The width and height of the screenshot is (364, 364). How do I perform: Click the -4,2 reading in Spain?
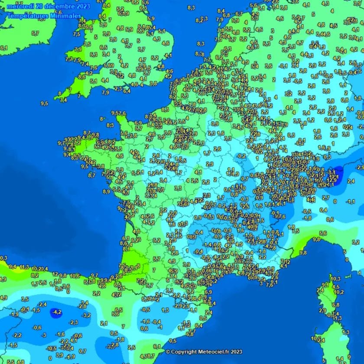pyautogui.click(x=56, y=312)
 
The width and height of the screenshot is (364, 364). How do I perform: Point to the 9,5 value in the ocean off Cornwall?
pyautogui.click(x=44, y=103)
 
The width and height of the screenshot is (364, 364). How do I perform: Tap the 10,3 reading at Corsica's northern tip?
pyautogui.click(x=336, y=279)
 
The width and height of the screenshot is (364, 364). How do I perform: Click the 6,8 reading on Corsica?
pyautogui.click(x=336, y=305)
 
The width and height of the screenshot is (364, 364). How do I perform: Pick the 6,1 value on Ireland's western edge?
pyautogui.click(x=4, y=48)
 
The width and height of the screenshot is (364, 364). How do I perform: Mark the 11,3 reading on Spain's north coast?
pyautogui.click(x=24, y=267)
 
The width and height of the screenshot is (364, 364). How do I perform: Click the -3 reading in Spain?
pyautogui.click(x=43, y=335)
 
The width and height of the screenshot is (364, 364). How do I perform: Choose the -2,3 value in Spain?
pyautogui.click(x=73, y=322)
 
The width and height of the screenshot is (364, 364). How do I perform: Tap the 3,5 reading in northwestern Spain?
pyautogui.click(x=25, y=299)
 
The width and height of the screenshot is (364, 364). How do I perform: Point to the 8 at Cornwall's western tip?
pyautogui.click(x=60, y=93)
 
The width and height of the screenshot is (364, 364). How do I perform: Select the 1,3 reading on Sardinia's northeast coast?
pyautogui.click(x=345, y=332)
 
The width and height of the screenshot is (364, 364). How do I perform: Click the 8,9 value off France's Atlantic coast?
pyautogui.click(x=106, y=191)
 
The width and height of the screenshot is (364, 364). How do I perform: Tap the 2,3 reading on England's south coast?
pyautogui.click(x=118, y=88)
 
